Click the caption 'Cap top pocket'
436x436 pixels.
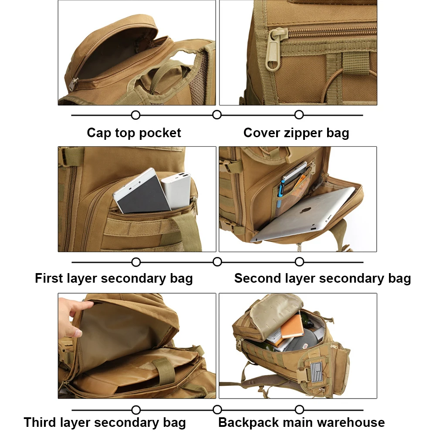click(x=134, y=133)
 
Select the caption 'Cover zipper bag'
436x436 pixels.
click(x=296, y=133)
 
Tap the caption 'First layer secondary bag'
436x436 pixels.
click(x=114, y=278)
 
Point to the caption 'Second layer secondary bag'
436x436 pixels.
click(x=322, y=278)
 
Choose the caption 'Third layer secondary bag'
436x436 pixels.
click(x=105, y=422)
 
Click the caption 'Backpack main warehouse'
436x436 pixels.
click(x=301, y=422)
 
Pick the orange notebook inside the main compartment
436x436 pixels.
click(x=292, y=326)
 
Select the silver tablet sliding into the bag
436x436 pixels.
click(x=305, y=213)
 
